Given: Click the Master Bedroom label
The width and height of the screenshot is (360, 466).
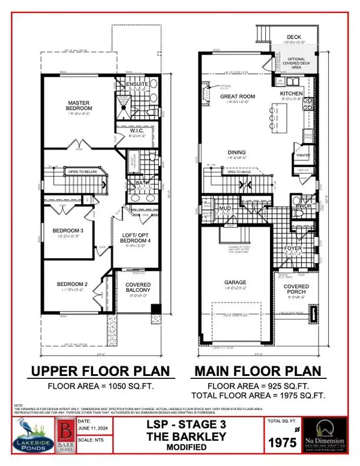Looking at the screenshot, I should tap(78, 105).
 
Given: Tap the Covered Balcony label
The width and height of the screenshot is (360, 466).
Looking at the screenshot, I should tap(133, 288).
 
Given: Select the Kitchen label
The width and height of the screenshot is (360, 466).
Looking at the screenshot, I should tap(293, 94).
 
